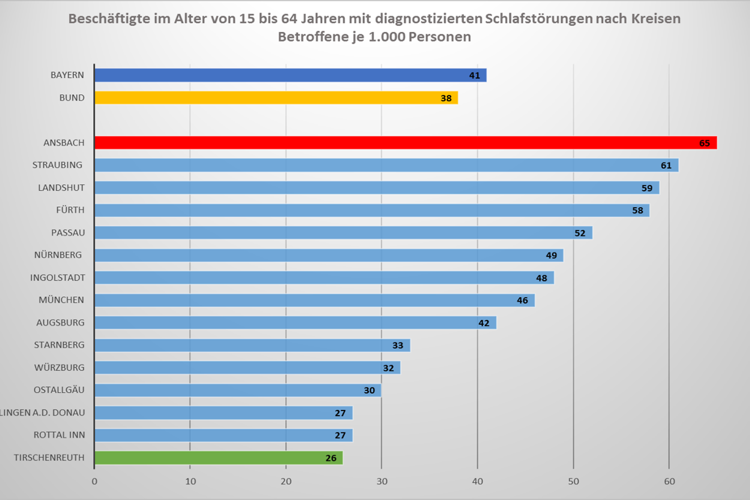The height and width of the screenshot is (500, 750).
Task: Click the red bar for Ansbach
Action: [x=405, y=143]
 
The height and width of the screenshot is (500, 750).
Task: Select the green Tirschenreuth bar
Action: [x=219, y=458]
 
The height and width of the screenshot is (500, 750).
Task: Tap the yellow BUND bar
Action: [x=276, y=98]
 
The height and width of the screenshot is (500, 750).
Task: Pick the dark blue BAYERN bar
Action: [x=290, y=75]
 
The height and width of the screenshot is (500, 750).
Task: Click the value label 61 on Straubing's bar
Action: [x=666, y=166]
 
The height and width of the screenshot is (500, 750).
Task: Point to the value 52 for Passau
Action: [x=580, y=233]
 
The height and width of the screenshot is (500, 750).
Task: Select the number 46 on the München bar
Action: [x=522, y=301]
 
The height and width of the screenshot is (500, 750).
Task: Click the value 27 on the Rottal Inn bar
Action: [x=340, y=435]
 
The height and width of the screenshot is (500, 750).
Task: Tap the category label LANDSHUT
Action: [x=61, y=187]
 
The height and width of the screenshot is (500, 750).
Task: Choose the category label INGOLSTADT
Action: [x=57, y=278]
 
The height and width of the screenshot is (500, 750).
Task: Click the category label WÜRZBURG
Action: [x=59, y=368]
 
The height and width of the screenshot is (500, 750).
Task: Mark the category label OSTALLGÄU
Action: [x=59, y=390]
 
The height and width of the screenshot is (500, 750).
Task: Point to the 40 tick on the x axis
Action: [x=477, y=481]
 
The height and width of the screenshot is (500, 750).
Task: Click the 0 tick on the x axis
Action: [x=94, y=481]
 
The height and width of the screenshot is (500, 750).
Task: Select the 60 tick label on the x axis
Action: [x=669, y=481]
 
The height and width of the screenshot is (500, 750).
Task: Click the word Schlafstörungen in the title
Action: [x=539, y=19]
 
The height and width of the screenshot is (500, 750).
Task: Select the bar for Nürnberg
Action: [x=328, y=255]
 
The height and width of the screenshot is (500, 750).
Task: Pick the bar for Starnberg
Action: [x=252, y=345]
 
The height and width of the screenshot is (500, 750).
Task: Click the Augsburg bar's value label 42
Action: [x=483, y=323]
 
